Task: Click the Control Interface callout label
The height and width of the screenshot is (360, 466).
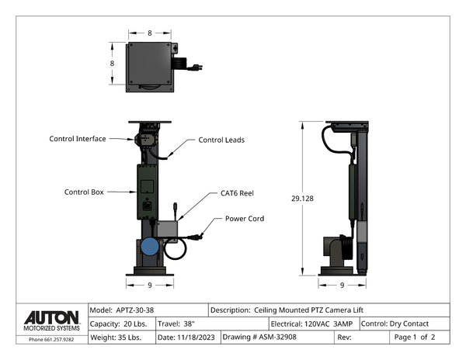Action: click(x=78, y=139)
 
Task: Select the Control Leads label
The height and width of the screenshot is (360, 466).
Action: click(x=221, y=140)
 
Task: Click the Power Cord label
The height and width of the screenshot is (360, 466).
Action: click(x=245, y=219)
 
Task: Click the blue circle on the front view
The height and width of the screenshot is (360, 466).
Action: click(x=148, y=247)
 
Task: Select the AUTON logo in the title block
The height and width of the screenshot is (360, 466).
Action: click(x=51, y=319)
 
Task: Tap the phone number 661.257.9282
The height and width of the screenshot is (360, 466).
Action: click(x=51, y=339)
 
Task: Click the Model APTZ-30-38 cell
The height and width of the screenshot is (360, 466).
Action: click(x=148, y=310)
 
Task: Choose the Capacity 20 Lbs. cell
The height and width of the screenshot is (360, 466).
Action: click(x=122, y=324)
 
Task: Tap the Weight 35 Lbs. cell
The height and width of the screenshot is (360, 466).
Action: click(x=122, y=337)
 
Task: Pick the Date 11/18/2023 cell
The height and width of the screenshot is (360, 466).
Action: click(x=187, y=337)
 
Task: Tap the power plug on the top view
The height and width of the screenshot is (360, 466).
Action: click(x=194, y=67)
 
